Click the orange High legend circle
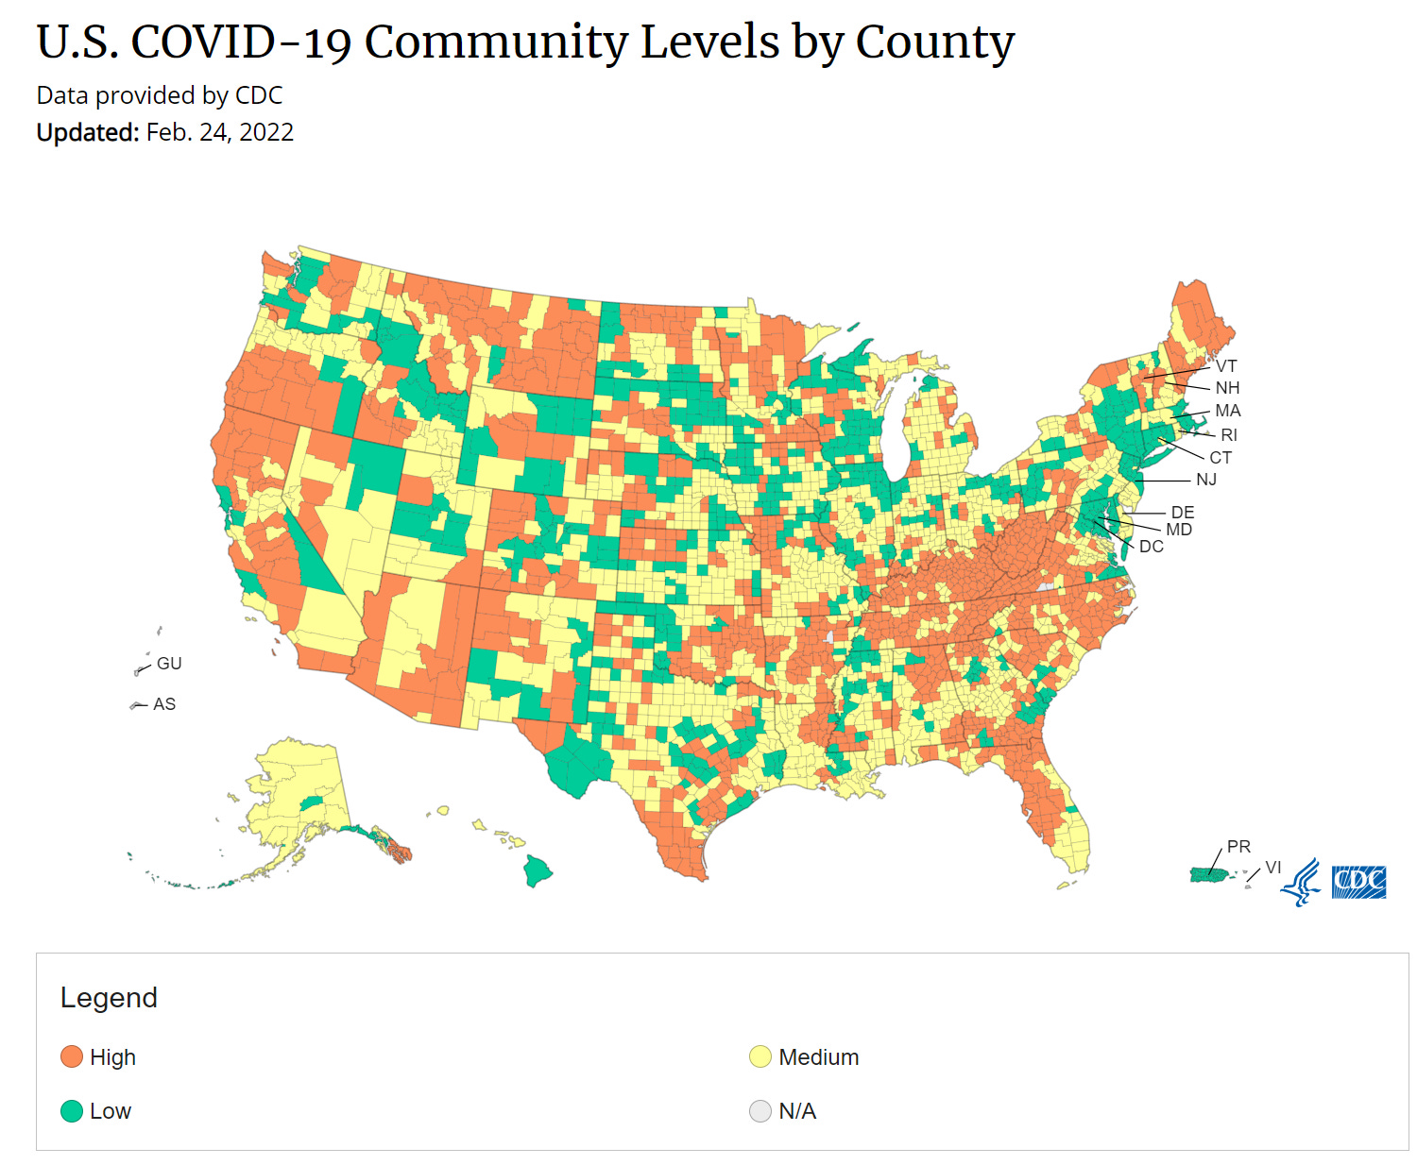(72, 1056)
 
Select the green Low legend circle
(72, 1111)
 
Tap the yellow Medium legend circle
(760, 1056)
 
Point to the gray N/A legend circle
(760, 1111)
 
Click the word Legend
(109, 998)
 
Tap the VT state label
(1226, 366)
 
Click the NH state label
(1227, 388)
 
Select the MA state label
(1227, 411)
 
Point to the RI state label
(1229, 435)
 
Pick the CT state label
(1221, 458)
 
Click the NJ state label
(1206, 480)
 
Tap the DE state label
(1183, 513)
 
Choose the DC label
(1151, 547)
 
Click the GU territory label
(169, 664)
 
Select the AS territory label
(164, 704)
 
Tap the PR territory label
(1238, 847)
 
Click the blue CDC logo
(1358, 882)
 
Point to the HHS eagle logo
(1303, 883)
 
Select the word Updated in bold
(87, 132)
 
